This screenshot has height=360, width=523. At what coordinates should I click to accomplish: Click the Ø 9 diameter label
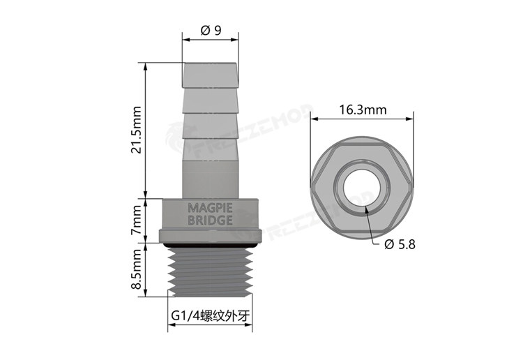click(211, 31)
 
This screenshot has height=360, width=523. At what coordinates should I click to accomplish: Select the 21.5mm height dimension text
click(137, 130)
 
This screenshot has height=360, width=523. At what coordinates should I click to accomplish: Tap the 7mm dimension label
click(137, 220)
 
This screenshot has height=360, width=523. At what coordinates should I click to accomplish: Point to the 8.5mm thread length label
click(137, 269)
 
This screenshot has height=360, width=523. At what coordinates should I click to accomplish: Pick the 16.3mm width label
click(363, 110)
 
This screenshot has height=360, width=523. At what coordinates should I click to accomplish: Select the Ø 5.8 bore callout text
click(400, 244)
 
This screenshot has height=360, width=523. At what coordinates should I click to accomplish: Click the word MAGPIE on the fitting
click(210, 208)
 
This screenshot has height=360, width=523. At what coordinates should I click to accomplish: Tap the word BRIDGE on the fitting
click(210, 220)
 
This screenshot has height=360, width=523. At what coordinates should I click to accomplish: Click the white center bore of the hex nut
click(361, 188)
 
